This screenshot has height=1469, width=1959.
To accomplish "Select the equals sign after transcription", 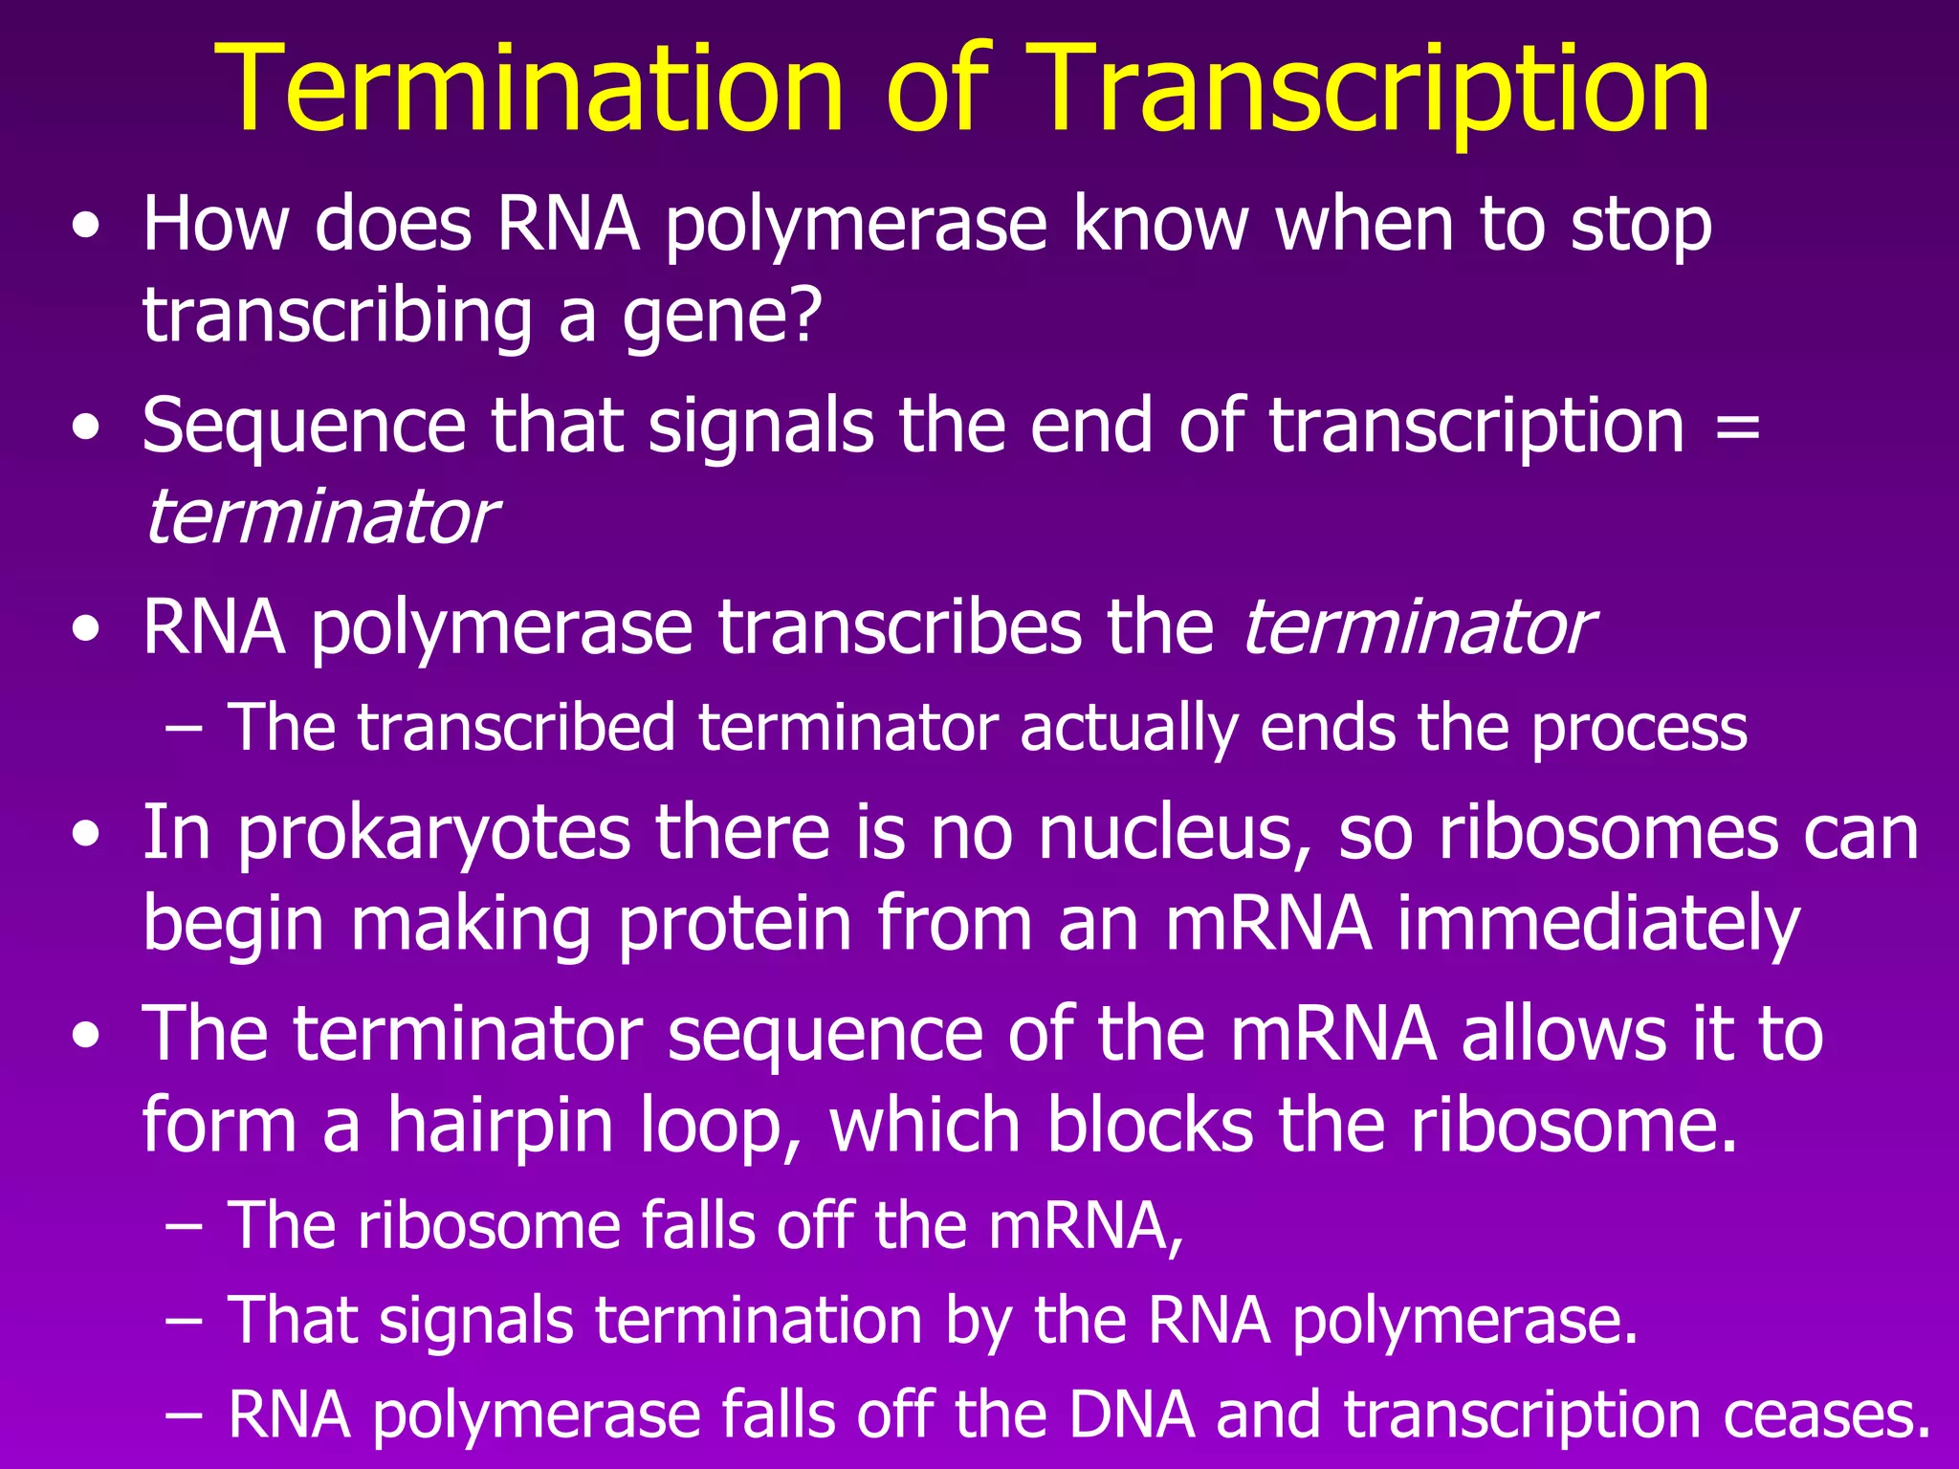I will pyautogui.click(x=1737, y=426).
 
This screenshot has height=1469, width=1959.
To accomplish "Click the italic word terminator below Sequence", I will pyautogui.click(x=319, y=517).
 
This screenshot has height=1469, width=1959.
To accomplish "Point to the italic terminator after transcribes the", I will pyautogui.click(x=1416, y=628).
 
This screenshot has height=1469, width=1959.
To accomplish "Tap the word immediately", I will pyautogui.click(x=1598, y=925).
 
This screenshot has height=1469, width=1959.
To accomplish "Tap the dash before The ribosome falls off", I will pyautogui.click(x=184, y=1226).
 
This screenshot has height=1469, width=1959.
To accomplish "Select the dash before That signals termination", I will pyautogui.click(x=184, y=1321).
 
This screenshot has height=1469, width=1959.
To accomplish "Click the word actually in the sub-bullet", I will pyautogui.click(x=1128, y=729).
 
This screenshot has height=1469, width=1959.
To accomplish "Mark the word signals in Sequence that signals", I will pyautogui.click(x=760, y=426).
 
